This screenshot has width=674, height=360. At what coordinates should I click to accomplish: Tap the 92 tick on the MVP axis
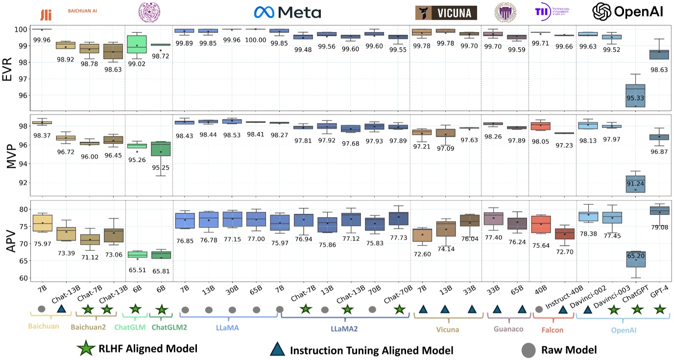22,183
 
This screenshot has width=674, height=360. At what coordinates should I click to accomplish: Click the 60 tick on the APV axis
22,278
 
